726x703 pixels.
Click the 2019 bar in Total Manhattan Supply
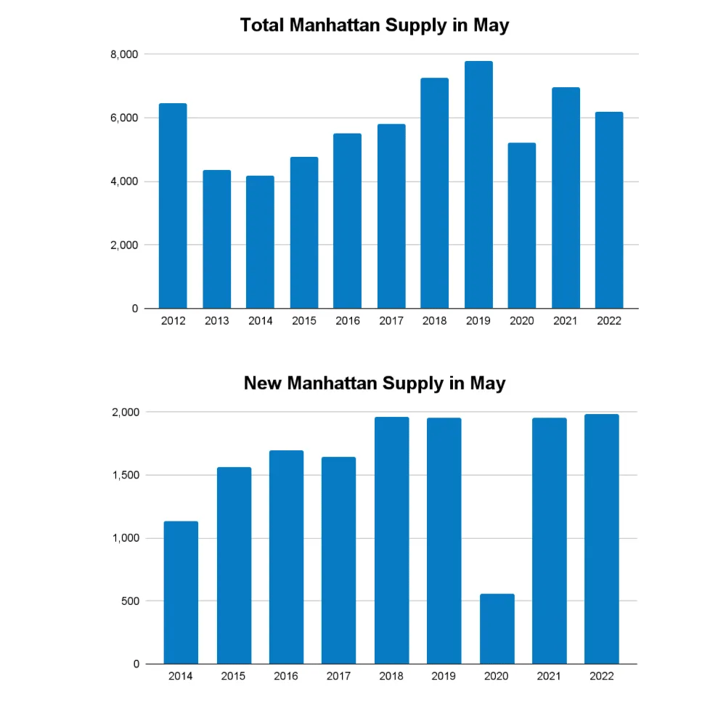click(478, 185)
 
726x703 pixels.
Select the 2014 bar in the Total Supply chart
click(260, 242)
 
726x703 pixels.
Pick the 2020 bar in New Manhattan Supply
click(497, 629)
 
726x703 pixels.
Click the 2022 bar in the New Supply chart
click(602, 539)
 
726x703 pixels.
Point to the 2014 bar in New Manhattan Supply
click(181, 593)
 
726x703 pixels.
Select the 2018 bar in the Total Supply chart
click(435, 193)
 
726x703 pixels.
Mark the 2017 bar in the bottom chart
click(338, 560)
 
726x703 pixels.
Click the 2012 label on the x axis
click(173, 321)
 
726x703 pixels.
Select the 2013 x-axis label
click(216, 321)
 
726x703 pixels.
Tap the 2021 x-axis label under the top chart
click(566, 321)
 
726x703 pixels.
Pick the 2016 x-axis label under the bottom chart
click(286, 677)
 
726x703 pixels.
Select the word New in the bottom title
click(262, 383)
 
